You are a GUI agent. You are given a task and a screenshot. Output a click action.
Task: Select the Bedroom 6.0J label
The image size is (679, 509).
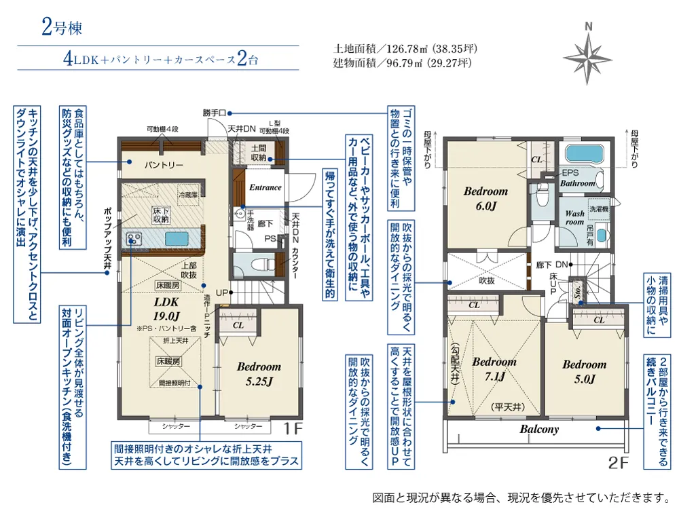pos(486,197)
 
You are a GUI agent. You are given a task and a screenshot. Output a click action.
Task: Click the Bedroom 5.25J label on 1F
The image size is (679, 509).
pos(259,373)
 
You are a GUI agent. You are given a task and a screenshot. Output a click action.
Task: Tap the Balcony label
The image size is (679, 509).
pos(539,429)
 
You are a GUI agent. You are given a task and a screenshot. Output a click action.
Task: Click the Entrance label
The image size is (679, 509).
pos(265,187)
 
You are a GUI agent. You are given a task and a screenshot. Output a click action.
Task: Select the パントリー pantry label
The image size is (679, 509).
pos(164,165)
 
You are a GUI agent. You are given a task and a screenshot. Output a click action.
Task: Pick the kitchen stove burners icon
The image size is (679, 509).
pos(132,239)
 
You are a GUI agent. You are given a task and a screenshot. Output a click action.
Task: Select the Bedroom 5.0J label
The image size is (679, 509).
pos(584,371)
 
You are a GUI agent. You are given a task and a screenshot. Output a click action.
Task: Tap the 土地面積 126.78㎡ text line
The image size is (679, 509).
pos(405,49)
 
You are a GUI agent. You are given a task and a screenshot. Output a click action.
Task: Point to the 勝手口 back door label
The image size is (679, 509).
pos(215,113)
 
